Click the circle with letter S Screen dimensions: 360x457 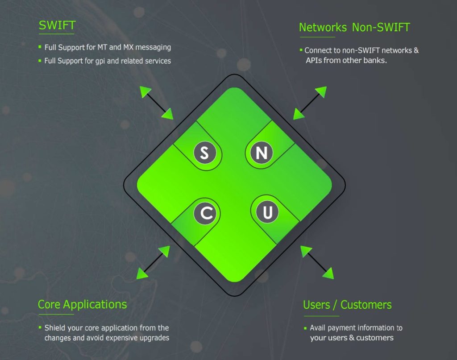tap(204, 153)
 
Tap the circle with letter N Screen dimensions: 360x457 tap(261, 153)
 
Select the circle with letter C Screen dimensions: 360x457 tap(206, 213)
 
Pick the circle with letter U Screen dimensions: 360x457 tap(267, 212)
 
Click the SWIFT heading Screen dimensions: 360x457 tap(57, 25)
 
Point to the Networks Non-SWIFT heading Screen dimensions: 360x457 tap(354, 27)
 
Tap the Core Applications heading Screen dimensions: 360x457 tap(82, 304)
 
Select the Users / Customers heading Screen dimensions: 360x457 tap(347, 305)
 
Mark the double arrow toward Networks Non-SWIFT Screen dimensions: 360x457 tap(310, 103)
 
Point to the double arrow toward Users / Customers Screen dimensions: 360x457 tap(317, 262)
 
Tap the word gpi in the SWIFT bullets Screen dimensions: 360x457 tap(100, 61)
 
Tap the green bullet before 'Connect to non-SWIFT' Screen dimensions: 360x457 tap(301, 50)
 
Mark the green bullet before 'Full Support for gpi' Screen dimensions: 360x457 tap(40, 60)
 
